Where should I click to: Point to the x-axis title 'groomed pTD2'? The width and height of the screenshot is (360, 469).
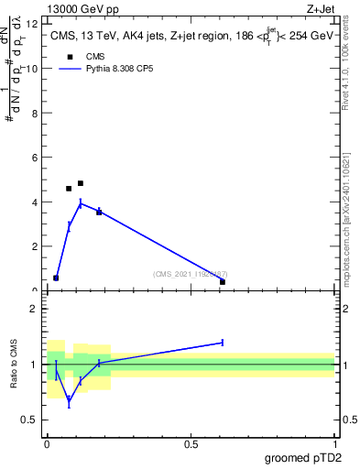(302, 458)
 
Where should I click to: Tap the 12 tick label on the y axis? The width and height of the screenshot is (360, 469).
(33, 24)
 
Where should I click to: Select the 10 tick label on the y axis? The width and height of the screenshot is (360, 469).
(33, 69)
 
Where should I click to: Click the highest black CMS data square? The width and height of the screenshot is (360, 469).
(81, 183)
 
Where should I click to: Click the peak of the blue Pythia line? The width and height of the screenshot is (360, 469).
(81, 203)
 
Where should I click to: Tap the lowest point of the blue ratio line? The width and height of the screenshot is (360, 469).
(69, 399)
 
